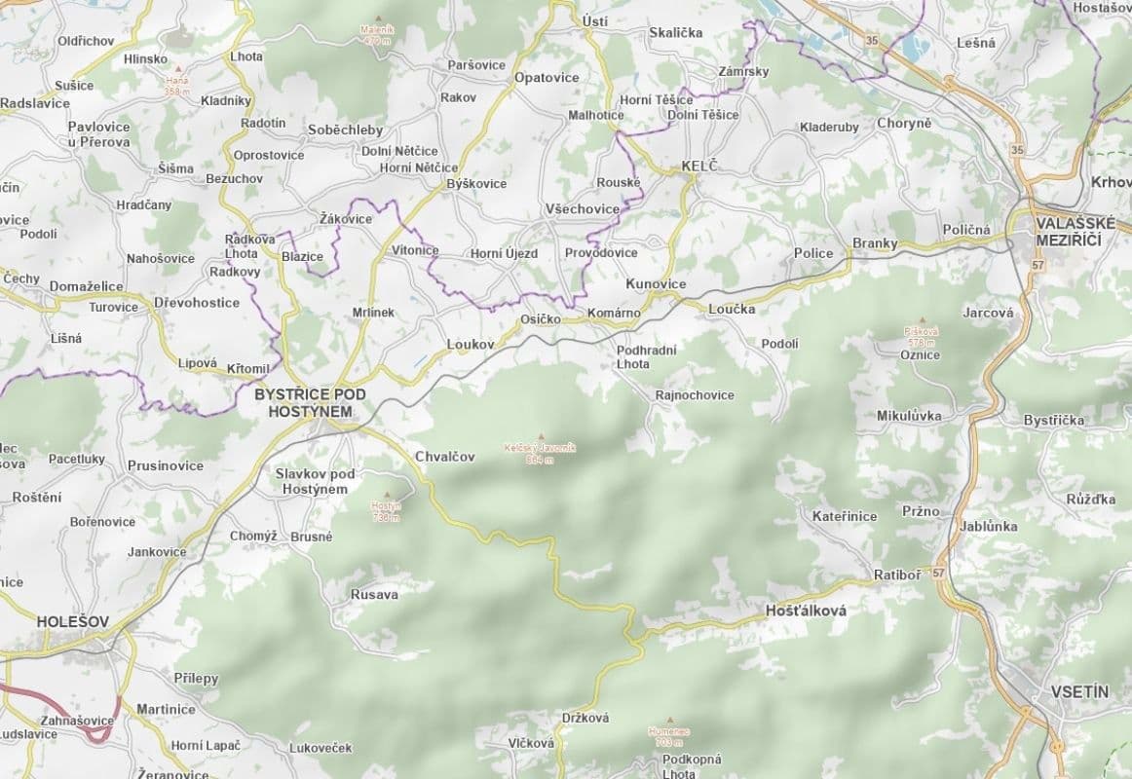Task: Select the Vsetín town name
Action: pyautogui.click(x=1079, y=691)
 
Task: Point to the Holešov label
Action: pyautogui.click(x=73, y=620)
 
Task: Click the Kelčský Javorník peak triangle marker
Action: pyautogui.click(x=541, y=436)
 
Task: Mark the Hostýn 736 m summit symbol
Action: pyautogui.click(x=388, y=495)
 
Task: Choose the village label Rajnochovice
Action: pyautogui.click(x=695, y=395)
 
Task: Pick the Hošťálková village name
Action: pyautogui.click(x=807, y=612)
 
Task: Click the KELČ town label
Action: pyautogui.click(x=698, y=167)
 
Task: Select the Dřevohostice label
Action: pyautogui.click(x=197, y=303)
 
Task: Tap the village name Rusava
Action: pyautogui.click(x=375, y=594)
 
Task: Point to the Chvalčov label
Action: pyautogui.click(x=444, y=456)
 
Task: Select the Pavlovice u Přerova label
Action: pyautogui.click(x=98, y=134)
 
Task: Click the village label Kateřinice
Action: pyautogui.click(x=845, y=516)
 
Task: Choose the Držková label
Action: pyautogui.click(x=585, y=718)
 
